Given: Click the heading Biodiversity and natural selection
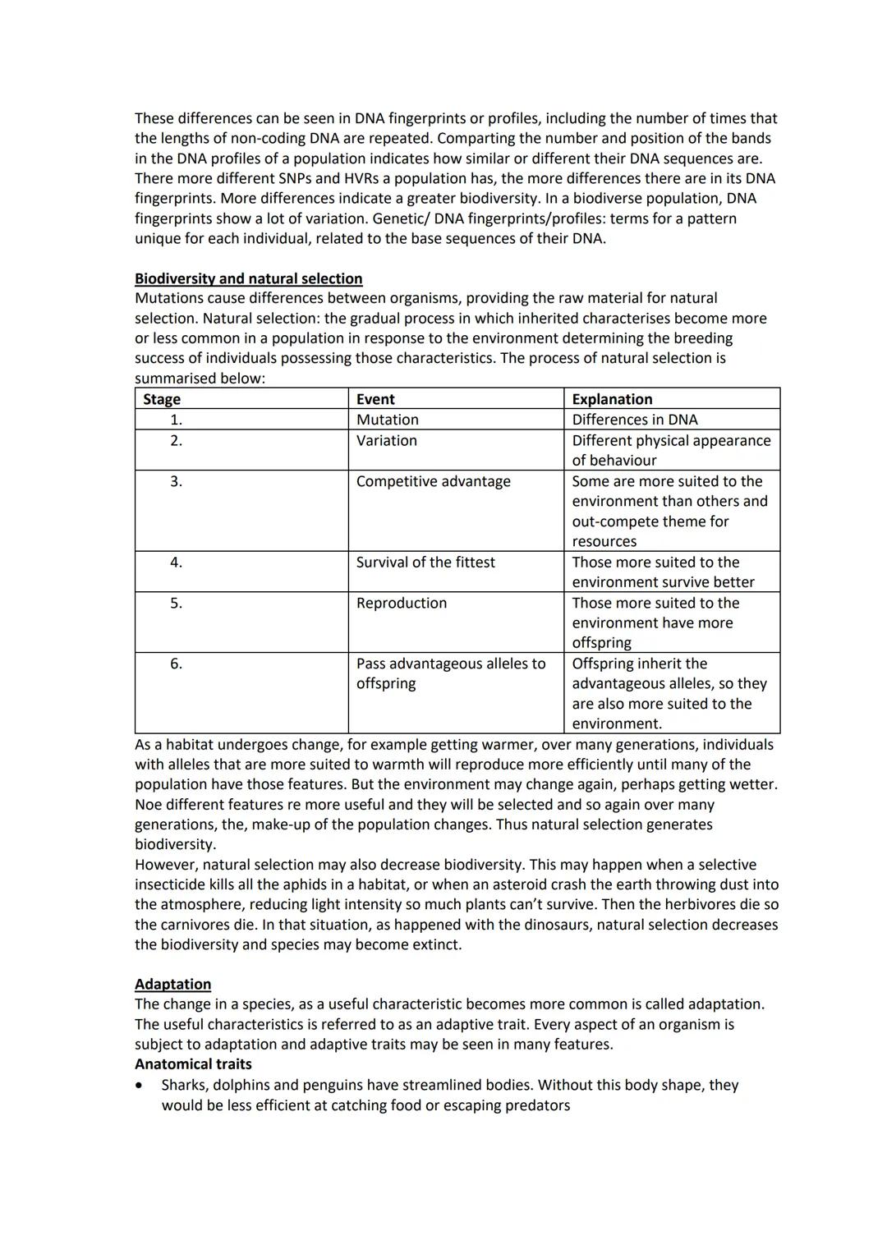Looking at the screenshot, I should click(248, 278).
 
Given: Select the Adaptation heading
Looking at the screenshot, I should click(172, 984).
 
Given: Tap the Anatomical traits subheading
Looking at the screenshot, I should click(193, 1064).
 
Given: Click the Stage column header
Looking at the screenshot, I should click(162, 399).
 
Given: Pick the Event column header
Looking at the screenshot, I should click(375, 399).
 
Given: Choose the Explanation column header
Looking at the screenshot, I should click(612, 399).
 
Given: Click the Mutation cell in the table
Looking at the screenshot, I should click(387, 420).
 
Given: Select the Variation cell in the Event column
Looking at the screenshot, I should click(386, 441).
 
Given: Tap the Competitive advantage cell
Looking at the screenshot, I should click(433, 481).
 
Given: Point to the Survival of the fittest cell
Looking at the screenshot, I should click(425, 563).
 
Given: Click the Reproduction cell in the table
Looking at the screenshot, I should click(402, 603).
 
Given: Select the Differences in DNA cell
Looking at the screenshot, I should click(634, 420).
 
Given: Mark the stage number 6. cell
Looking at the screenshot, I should click(176, 664).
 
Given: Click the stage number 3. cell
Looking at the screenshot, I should click(176, 481).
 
